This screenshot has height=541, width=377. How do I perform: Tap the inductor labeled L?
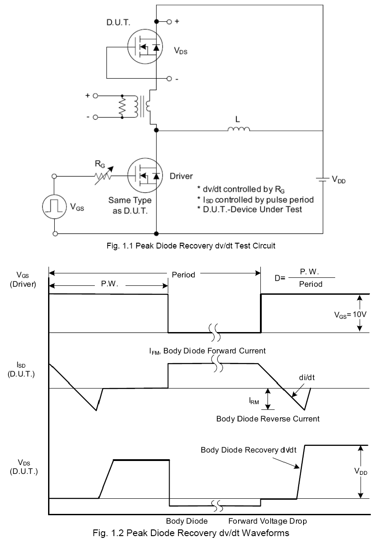click(x=239, y=129)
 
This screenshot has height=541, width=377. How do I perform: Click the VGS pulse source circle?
click(x=55, y=206)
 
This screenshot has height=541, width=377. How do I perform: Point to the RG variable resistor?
click(x=104, y=176)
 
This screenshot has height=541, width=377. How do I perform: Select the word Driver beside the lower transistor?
click(x=181, y=176)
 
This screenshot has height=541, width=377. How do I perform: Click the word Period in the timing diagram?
click(x=183, y=275)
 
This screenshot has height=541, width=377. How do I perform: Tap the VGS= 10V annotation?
click(x=350, y=314)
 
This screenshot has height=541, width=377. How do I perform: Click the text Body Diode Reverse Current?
click(x=268, y=419)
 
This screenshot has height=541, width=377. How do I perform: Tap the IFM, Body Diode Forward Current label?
click(x=207, y=351)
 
